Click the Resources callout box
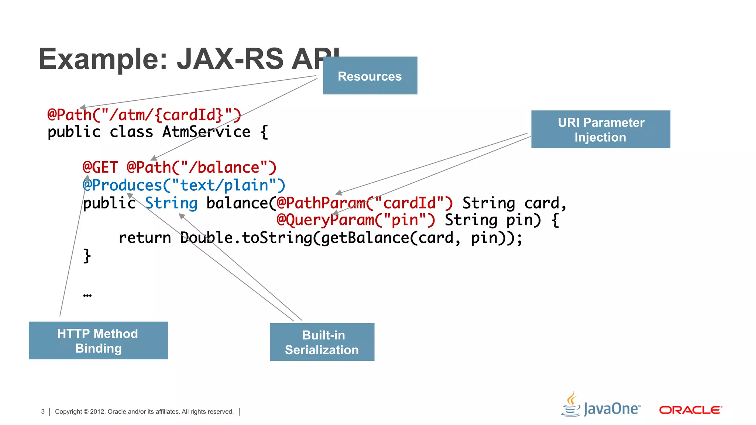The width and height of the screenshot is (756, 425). (x=370, y=76)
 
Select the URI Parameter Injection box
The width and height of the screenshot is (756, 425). (x=600, y=129)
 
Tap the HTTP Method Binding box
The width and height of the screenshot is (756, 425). (x=98, y=341)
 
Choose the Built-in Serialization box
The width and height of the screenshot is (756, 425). (x=322, y=342)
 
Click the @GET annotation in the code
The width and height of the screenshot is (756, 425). (x=100, y=167)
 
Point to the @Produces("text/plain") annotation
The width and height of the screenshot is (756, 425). (x=184, y=185)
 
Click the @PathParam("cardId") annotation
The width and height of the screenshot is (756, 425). (x=364, y=203)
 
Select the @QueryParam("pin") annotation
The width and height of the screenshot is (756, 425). (x=356, y=220)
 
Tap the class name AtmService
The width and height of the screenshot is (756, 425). (x=206, y=132)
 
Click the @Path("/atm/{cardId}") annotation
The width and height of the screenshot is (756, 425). (x=144, y=115)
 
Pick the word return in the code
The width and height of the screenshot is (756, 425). (x=144, y=238)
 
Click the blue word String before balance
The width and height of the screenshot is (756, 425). (x=171, y=203)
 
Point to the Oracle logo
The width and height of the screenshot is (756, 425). (x=690, y=410)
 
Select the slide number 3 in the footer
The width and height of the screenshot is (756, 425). (x=43, y=411)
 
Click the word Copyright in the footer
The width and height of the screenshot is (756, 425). (x=68, y=411)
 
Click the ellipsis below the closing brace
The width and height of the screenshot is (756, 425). (x=87, y=295)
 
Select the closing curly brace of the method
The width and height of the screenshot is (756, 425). (x=87, y=255)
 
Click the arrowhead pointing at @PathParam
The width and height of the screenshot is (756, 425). (x=339, y=193)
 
